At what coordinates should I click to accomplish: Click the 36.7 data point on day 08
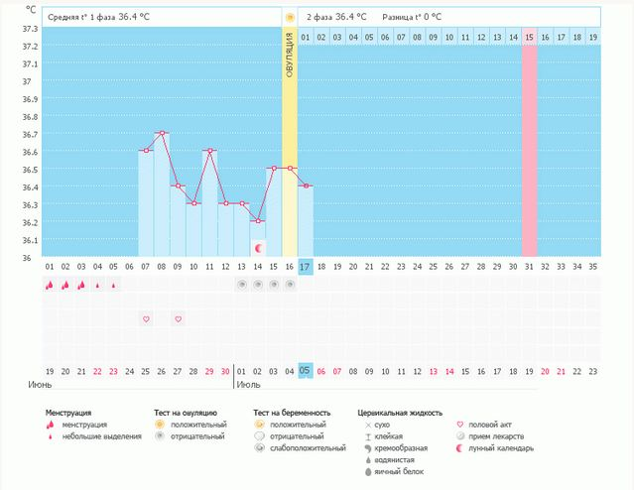[162, 133]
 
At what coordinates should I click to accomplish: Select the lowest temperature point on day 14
[258, 221]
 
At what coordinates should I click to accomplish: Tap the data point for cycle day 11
[209, 151]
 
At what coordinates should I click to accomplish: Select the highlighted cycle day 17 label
[306, 267]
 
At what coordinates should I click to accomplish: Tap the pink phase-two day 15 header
[529, 37]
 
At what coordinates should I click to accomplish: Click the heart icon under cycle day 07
[146, 318]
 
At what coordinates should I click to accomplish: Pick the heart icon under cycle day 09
[178, 318]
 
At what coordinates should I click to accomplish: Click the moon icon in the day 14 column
[258, 247]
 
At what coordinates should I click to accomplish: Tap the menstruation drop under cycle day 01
[49, 285]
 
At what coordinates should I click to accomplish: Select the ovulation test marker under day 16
[290, 285]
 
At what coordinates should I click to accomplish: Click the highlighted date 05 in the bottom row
[306, 370]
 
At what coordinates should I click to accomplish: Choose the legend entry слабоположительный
[304, 448]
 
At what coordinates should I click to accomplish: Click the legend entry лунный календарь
[501, 448]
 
